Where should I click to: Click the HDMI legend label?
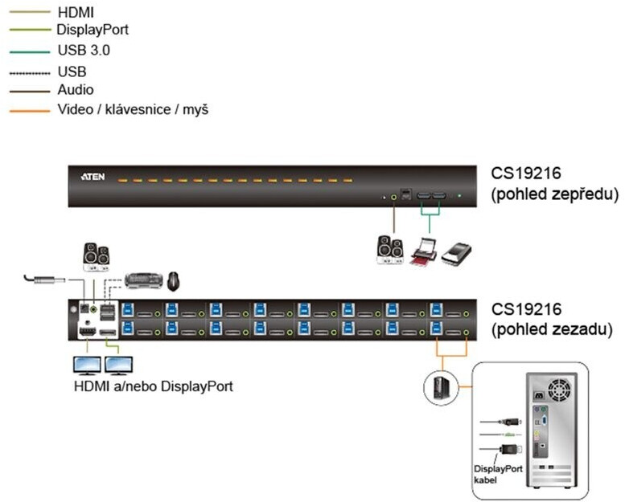75,13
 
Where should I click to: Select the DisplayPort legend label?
92,31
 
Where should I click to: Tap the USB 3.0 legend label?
84,50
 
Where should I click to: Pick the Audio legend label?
75,89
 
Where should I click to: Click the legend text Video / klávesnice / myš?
133,109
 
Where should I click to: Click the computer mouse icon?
175,280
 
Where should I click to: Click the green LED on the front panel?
459,195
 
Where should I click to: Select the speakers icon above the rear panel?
97,255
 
